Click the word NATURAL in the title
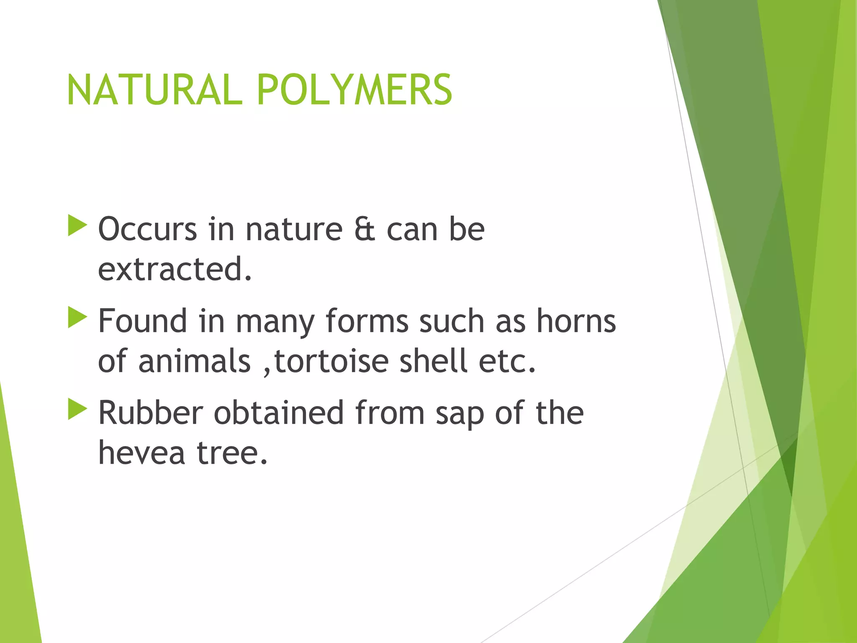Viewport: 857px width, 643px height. point(155,90)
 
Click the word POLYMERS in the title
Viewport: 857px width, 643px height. point(354,90)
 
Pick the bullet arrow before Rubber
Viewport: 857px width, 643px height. point(77,409)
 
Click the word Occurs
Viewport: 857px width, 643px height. point(147,229)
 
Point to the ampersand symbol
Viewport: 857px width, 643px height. point(364,229)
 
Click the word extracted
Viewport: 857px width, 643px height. point(174,269)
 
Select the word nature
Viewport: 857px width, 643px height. point(294,229)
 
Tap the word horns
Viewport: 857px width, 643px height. point(576,321)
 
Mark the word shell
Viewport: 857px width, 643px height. point(433,361)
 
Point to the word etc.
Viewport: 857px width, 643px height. point(507,361)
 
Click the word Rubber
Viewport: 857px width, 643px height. point(151,413)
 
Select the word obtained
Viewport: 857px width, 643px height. point(279,413)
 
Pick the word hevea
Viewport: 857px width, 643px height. point(141,453)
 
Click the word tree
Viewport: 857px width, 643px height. point(232,453)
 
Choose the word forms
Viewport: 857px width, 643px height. point(367,321)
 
